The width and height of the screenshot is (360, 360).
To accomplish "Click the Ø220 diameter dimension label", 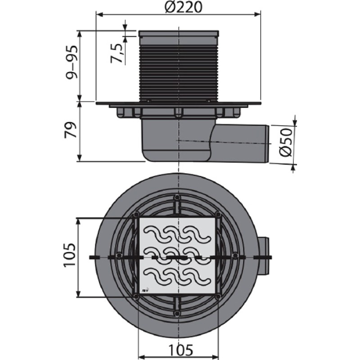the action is click(184, 7).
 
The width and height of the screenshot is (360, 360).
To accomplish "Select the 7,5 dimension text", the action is click(117, 53).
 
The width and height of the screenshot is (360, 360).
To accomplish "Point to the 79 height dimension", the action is click(71, 130).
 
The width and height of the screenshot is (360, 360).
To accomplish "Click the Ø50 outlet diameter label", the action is click(286, 143).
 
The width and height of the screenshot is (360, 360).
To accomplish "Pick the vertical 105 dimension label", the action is click(70, 255).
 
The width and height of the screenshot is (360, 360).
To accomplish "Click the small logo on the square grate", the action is click(146, 290).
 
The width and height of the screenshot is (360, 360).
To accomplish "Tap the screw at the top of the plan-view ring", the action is click(177, 197).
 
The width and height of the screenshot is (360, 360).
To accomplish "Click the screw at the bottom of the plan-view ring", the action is click(177, 313).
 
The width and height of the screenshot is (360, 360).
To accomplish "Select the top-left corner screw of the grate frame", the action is click(136, 215).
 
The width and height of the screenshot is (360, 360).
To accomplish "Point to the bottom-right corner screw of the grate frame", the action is click(218, 296).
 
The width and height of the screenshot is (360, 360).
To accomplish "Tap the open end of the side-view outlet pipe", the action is click(267, 144).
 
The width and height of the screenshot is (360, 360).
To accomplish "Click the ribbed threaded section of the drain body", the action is click(178, 73).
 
